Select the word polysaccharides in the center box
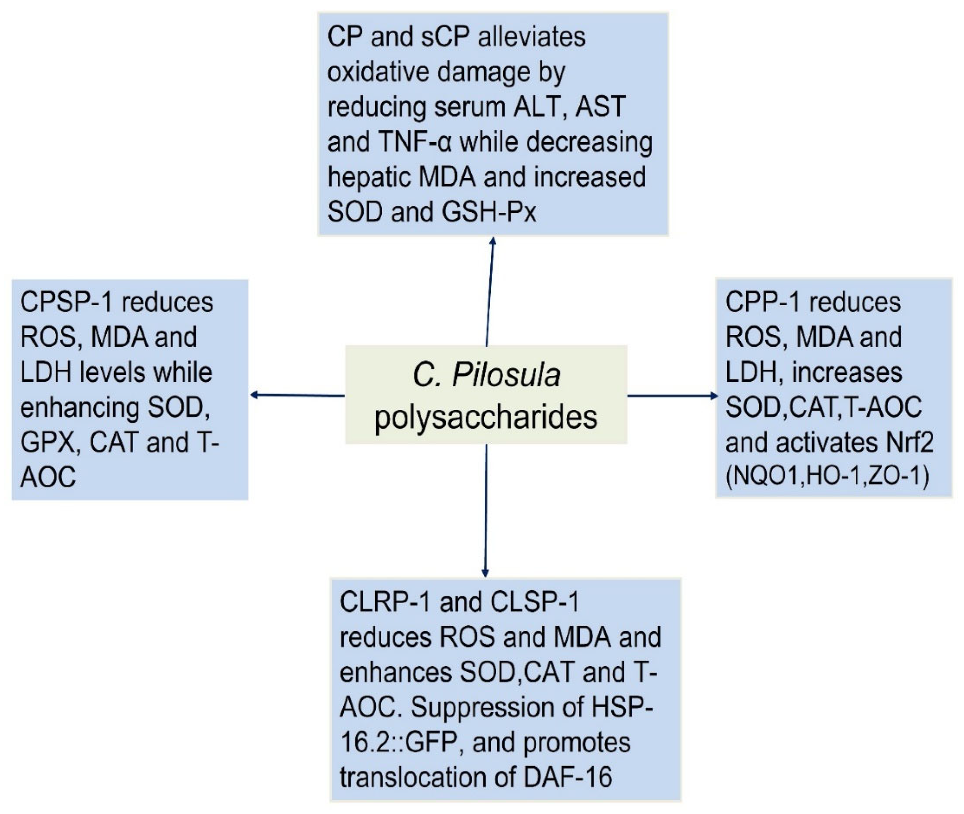(486, 417)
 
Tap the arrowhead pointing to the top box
(493, 241)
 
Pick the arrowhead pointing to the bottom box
(485, 573)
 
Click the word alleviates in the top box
(531, 37)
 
